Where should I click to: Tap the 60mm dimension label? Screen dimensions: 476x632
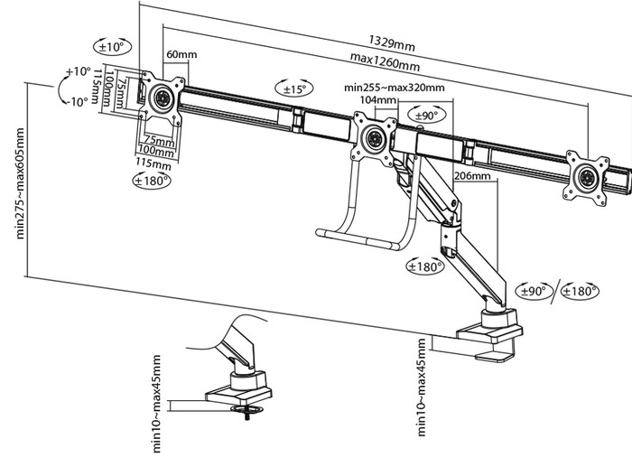click(181, 56)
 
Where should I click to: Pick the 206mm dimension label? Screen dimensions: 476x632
click(474, 175)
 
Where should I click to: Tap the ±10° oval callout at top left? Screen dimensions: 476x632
click(112, 45)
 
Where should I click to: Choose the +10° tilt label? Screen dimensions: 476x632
click(78, 71)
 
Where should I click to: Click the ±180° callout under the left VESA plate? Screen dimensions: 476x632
click(152, 180)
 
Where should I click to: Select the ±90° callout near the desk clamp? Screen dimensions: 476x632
click(534, 291)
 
